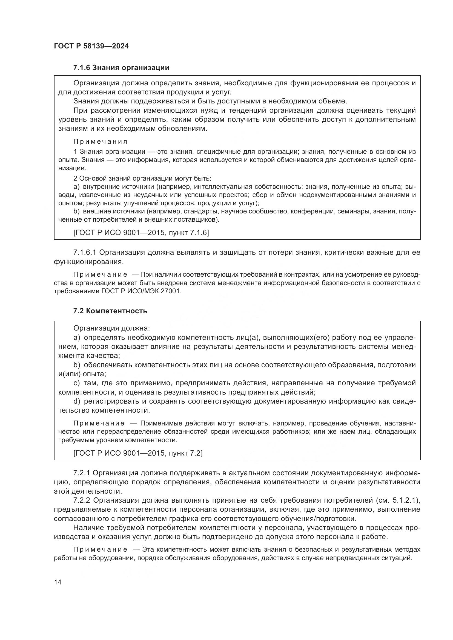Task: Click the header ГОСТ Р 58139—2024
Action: pyautogui.click(x=91, y=46)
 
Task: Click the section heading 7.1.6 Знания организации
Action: pyautogui.click(x=121, y=68)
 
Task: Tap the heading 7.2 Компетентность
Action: pyautogui.click(x=110, y=311)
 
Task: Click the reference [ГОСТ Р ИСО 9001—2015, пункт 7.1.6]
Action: pyautogui.click(x=141, y=233)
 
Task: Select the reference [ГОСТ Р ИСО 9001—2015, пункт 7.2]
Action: pyautogui.click(x=138, y=453)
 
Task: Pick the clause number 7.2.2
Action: pyautogui.click(x=82, y=500)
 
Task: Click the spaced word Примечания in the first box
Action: pyautogui.click(x=100, y=142)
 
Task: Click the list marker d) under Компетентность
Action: pyautogui.click(x=77, y=401)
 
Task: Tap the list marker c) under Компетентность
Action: pyautogui.click(x=76, y=383)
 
